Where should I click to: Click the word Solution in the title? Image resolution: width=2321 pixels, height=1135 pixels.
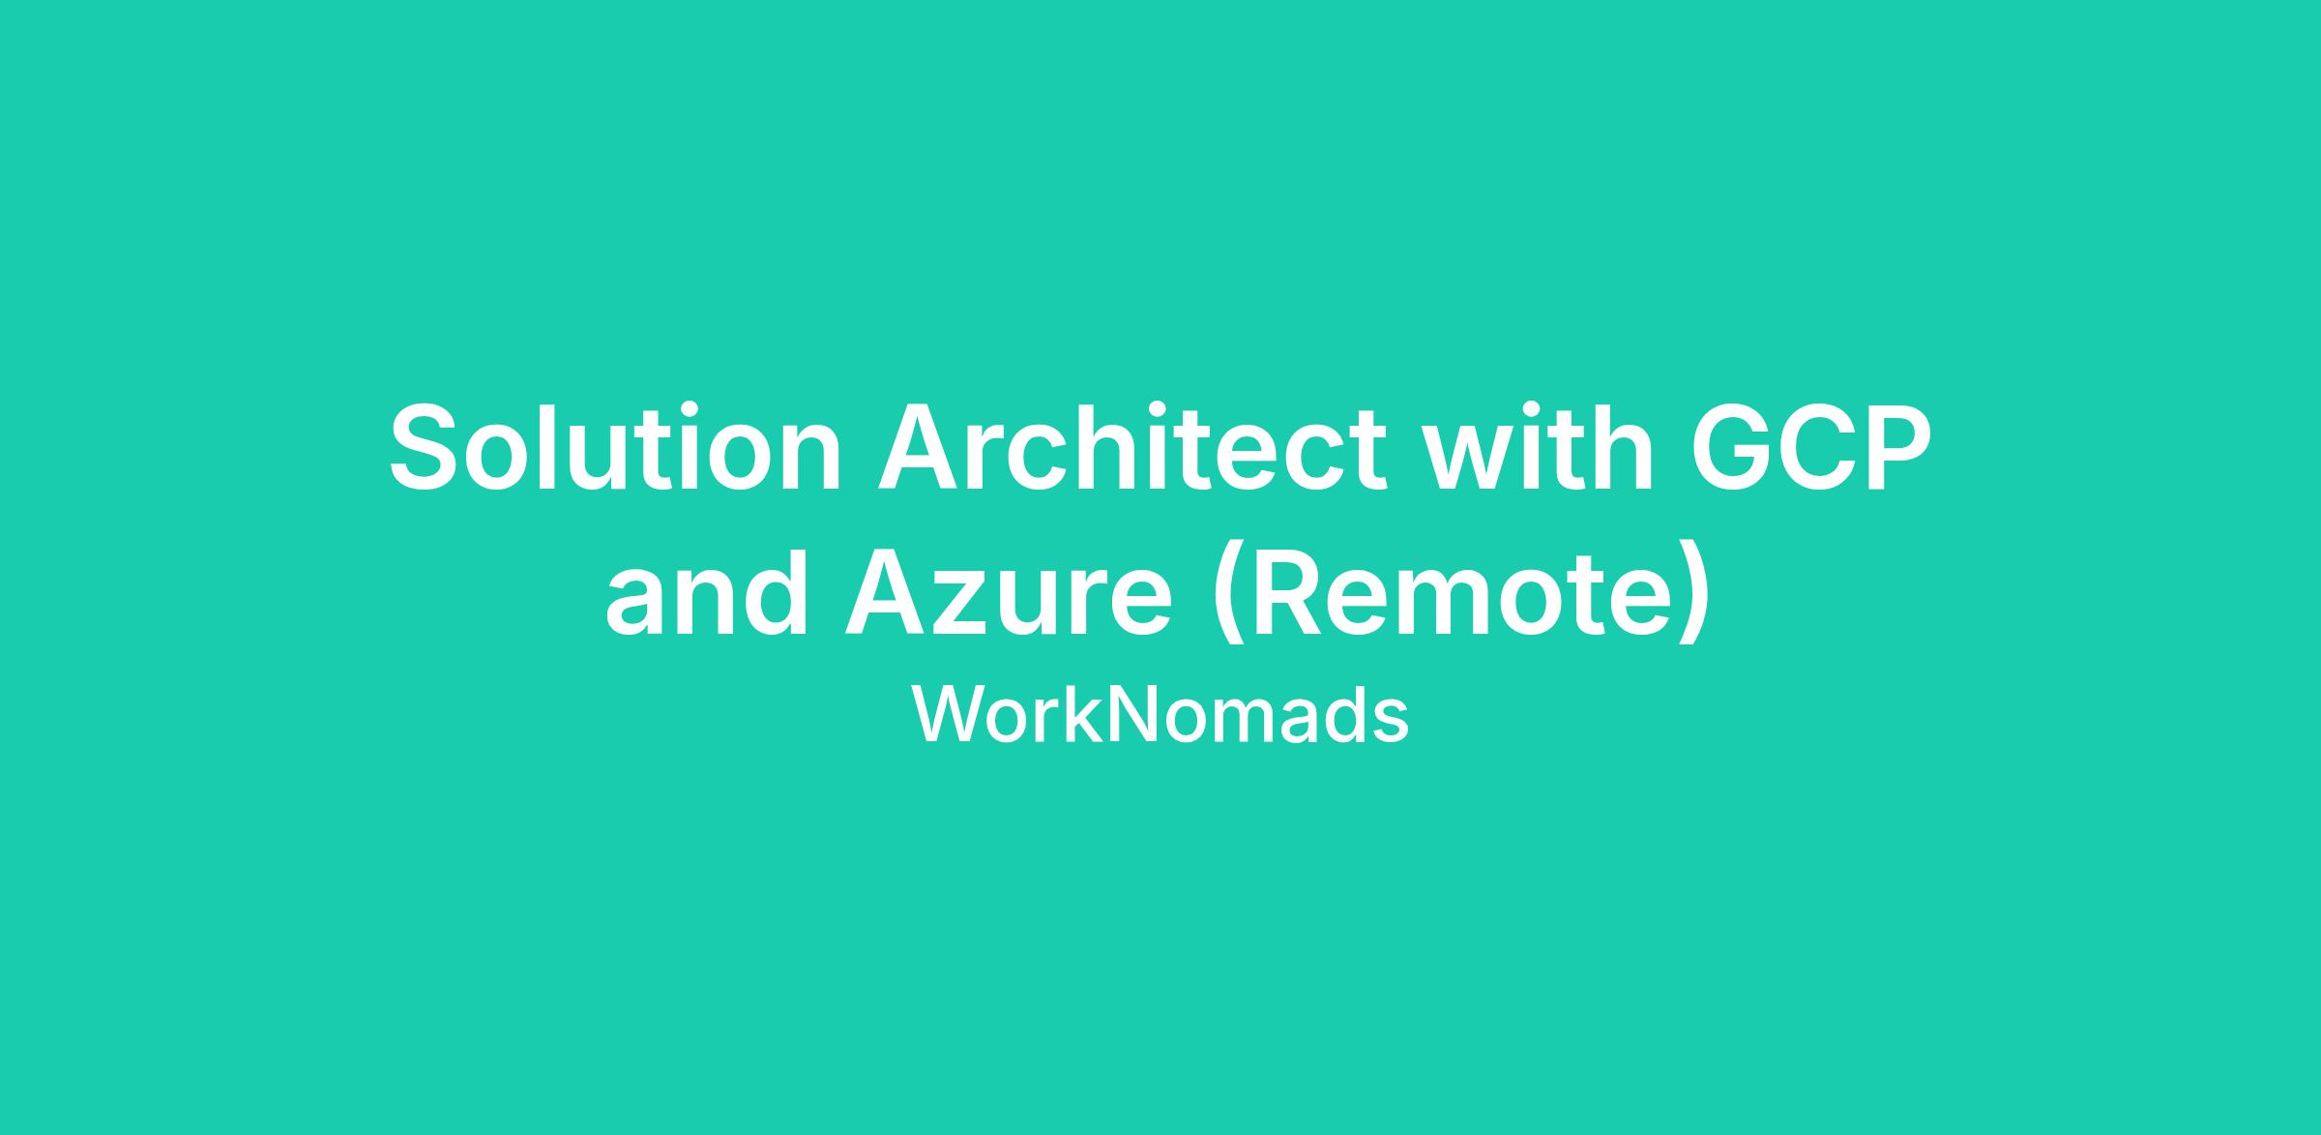tap(616, 448)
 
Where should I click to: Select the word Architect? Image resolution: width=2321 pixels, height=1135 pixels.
tap(1132, 448)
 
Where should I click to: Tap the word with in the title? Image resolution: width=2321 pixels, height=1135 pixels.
tap(1542, 448)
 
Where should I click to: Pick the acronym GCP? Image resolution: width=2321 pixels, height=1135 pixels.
tap(1810, 448)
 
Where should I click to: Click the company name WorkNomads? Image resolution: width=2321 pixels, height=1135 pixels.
tap(1160, 716)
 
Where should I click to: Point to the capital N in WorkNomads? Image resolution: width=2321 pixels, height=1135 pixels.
tap(1128, 716)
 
